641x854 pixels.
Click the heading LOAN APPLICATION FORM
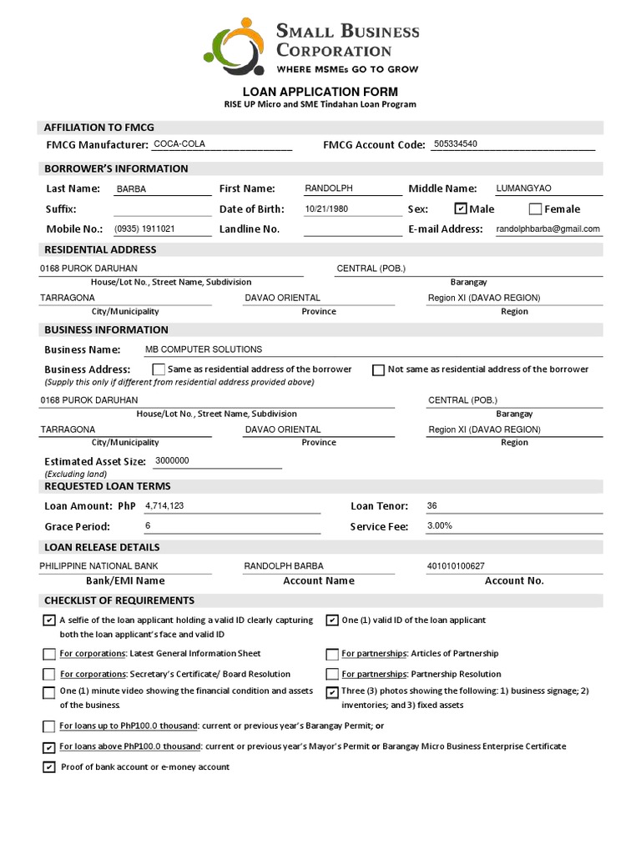320,92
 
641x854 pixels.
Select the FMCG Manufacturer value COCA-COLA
179,144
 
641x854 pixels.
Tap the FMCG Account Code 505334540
456,144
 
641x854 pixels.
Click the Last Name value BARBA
132,189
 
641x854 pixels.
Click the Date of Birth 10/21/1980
326,209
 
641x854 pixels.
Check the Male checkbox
461,208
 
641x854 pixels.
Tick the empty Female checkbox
536,208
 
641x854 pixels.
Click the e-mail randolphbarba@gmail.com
548,229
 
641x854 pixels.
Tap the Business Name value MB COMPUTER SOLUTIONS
204,349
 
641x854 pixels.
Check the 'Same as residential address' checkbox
159,369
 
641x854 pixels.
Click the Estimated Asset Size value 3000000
167,460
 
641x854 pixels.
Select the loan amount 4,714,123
164,506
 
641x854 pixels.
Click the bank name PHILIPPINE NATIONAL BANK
98,566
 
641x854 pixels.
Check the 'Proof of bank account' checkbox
49,767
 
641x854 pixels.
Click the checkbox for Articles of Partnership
332,654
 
